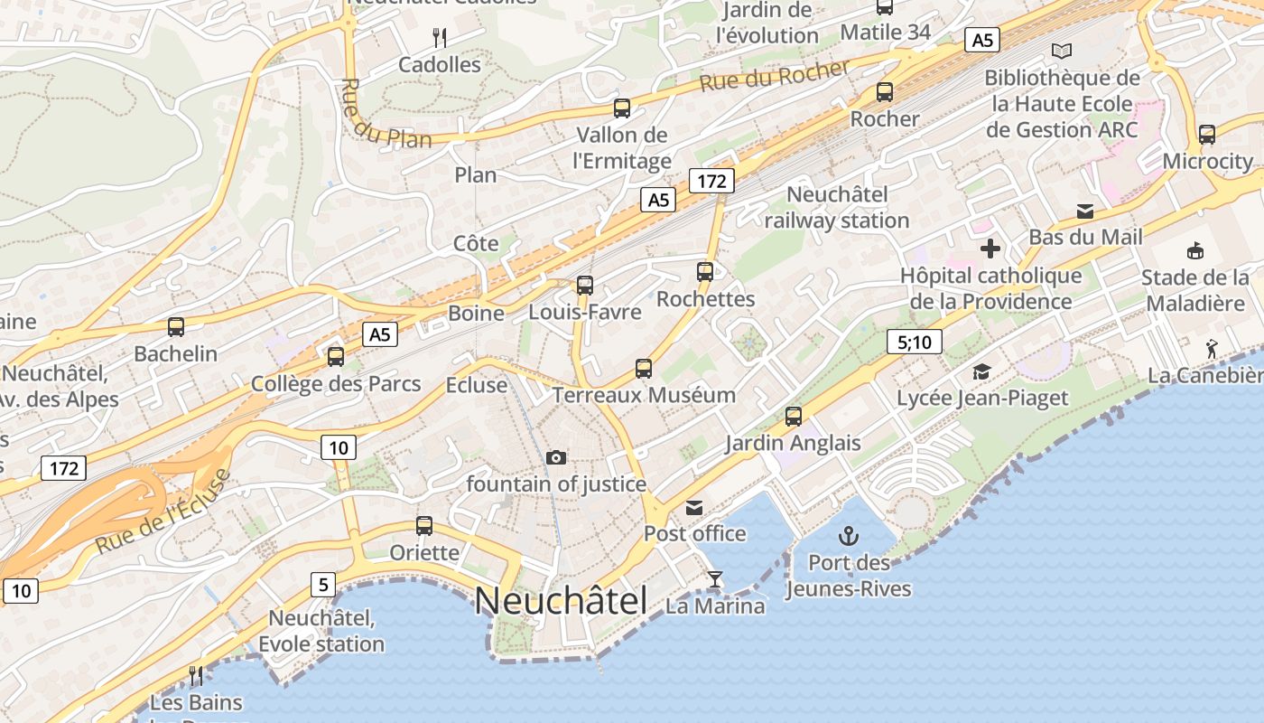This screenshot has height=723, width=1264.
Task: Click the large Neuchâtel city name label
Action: [561, 601]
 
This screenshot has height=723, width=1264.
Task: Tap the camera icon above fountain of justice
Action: [556, 458]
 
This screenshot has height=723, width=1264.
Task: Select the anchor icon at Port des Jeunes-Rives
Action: [848, 535]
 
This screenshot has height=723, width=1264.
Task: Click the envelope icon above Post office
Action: [694, 507]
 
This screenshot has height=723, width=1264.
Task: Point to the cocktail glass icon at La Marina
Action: [715, 578]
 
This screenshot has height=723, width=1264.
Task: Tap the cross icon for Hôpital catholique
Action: [990, 249]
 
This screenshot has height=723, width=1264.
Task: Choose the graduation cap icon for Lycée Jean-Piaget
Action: [981, 371]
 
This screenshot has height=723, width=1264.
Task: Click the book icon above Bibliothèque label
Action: [1062, 52]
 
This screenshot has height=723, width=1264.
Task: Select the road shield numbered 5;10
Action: [915, 342]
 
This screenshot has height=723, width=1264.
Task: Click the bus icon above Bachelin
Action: [176, 327]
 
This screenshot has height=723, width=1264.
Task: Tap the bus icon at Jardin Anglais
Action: [794, 417]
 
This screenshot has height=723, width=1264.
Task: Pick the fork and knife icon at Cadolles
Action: [440, 37]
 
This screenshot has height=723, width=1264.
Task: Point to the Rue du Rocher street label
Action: [775, 77]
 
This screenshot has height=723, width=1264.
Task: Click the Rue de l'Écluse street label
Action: [163, 512]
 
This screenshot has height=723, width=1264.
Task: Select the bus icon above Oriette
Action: [423, 526]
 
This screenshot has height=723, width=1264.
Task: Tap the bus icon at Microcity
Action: [1207, 136]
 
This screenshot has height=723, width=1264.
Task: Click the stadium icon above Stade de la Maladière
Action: [1195, 250]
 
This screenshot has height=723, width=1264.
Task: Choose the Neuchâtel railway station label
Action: [837, 208]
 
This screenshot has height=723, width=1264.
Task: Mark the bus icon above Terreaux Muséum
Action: [644, 369]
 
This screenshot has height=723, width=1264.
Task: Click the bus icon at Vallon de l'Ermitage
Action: [622, 108]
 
